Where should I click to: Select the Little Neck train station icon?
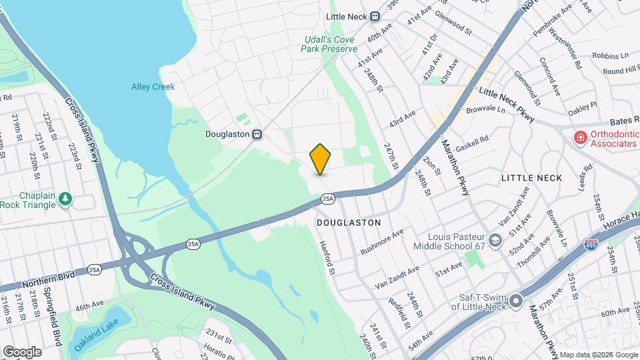coord(375,17)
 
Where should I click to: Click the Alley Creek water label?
coord(153,87)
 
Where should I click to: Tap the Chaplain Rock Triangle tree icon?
coord(65,198)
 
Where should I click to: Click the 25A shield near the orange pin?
coord(327,198)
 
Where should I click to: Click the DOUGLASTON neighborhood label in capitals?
coord(349,223)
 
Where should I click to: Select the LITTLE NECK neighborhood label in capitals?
coord(531,178)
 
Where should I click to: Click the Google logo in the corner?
coord(22,351)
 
